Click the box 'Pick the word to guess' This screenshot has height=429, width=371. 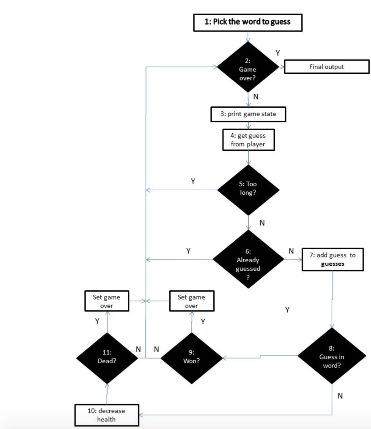[x=248, y=23]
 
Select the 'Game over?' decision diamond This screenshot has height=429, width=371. [x=248, y=67]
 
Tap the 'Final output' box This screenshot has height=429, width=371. [x=327, y=67]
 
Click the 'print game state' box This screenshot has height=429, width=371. [x=248, y=114]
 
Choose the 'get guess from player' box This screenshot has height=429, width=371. [x=248, y=140]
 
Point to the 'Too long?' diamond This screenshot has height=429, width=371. [x=248, y=190]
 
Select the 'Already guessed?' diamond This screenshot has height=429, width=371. [x=248, y=259]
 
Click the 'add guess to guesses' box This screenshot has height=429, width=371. [x=333, y=259]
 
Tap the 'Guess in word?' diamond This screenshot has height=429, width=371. [x=332, y=356]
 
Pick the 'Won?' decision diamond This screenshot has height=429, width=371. [x=192, y=358]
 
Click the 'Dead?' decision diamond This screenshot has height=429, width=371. [x=107, y=358]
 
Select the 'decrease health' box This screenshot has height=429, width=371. [x=107, y=415]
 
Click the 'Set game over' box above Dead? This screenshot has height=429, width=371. [x=107, y=301]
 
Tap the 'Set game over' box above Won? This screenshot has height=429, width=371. [x=192, y=301]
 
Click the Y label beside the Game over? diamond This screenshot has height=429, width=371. [x=278, y=53]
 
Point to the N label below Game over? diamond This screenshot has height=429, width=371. [x=256, y=97]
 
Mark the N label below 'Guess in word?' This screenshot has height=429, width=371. [x=340, y=396]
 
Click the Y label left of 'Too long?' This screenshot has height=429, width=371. [x=193, y=181]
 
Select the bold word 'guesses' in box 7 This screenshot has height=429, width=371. [x=333, y=264]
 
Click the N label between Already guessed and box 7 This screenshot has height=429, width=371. [x=291, y=251]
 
